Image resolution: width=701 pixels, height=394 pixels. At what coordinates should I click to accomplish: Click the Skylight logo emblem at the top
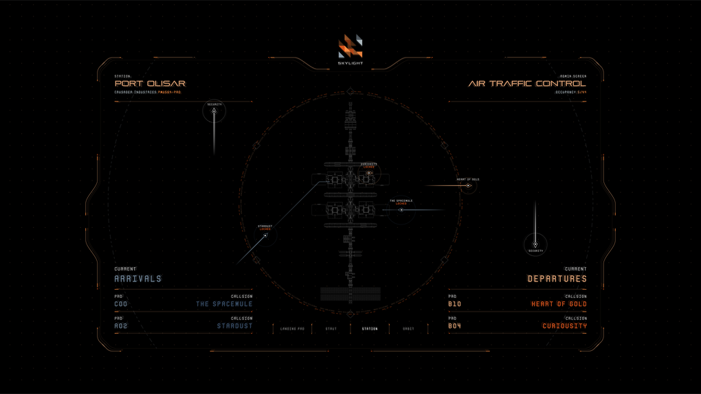tap(350, 47)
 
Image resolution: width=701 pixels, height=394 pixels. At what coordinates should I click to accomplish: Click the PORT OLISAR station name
tap(150, 84)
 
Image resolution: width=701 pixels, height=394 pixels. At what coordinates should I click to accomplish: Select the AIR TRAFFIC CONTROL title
tap(527, 84)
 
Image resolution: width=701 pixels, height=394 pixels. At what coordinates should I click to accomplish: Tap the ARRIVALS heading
tap(138, 279)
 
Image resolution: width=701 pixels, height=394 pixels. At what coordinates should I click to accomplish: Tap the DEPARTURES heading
tap(557, 279)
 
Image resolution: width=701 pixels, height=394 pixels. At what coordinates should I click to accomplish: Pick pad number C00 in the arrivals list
tap(121, 304)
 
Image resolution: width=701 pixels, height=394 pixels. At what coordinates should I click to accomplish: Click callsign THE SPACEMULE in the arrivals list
tap(224, 304)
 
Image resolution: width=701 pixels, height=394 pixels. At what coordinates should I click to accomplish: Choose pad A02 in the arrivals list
tap(121, 326)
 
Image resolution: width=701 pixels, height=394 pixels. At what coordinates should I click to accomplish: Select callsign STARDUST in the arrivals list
tap(234, 326)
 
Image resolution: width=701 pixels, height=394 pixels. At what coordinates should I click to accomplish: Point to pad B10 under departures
tap(455, 304)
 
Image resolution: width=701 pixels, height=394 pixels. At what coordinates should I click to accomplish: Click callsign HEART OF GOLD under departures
tap(559, 304)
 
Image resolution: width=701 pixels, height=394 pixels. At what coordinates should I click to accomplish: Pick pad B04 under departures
tap(455, 326)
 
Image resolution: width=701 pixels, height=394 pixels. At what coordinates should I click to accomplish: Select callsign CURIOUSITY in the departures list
tap(564, 326)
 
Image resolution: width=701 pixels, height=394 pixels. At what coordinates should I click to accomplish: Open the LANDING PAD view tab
tap(292, 329)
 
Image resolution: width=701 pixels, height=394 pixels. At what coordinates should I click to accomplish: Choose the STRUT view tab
tap(331, 329)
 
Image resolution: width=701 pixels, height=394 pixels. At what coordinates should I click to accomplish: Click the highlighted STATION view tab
tap(370, 329)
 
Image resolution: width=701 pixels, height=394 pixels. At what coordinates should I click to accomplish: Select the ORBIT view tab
tap(408, 329)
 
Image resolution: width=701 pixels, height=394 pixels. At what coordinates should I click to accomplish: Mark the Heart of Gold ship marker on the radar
tap(469, 185)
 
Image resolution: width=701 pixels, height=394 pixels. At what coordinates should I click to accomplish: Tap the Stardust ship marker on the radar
tap(265, 235)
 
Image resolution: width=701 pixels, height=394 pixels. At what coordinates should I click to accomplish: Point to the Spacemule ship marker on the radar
tap(401, 210)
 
